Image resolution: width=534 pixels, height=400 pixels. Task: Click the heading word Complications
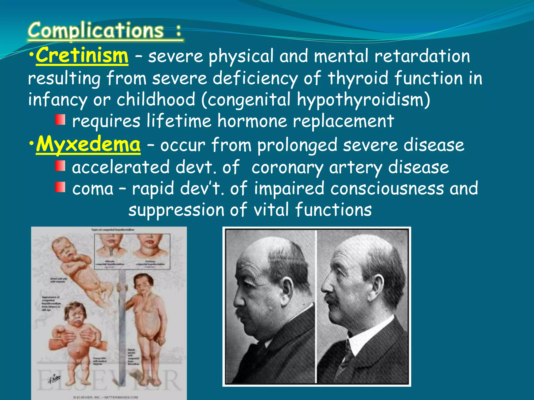pyautogui.click(x=96, y=31)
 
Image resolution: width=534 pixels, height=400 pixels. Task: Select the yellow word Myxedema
pyautogui.click(x=88, y=145)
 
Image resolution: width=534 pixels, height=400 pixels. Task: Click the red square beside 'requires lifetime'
pyautogui.click(x=60, y=120)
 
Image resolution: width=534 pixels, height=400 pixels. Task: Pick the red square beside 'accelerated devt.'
pyautogui.click(x=60, y=166)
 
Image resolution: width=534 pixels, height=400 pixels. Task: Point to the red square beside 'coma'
pyautogui.click(x=60, y=187)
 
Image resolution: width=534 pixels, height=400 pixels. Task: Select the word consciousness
pyautogui.click(x=387, y=188)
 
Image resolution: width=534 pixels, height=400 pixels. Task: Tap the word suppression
pyautogui.click(x=176, y=210)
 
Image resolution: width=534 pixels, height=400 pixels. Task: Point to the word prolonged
pyautogui.click(x=297, y=145)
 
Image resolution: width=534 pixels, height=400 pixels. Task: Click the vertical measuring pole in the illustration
pyautogui.click(x=121, y=326)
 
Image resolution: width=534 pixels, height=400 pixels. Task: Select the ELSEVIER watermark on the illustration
pyautogui.click(x=110, y=380)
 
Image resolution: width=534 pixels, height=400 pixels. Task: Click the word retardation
pyautogui.click(x=422, y=56)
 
